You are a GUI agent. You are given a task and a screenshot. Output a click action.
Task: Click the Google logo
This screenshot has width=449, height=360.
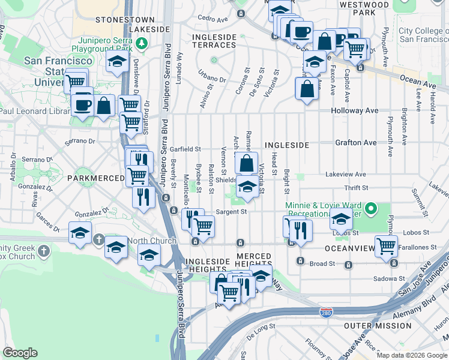20,352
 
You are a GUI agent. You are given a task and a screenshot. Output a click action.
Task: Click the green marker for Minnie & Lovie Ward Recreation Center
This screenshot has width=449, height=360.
372,209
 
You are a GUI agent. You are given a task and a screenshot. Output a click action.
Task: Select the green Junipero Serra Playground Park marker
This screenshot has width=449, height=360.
142,43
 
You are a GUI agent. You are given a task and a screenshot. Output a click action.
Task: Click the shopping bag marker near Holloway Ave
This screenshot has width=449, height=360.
307,89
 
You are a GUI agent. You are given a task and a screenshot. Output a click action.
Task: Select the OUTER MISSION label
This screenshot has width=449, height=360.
378,326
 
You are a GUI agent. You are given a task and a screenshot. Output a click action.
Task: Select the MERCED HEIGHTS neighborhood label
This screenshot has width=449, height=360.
253,260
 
